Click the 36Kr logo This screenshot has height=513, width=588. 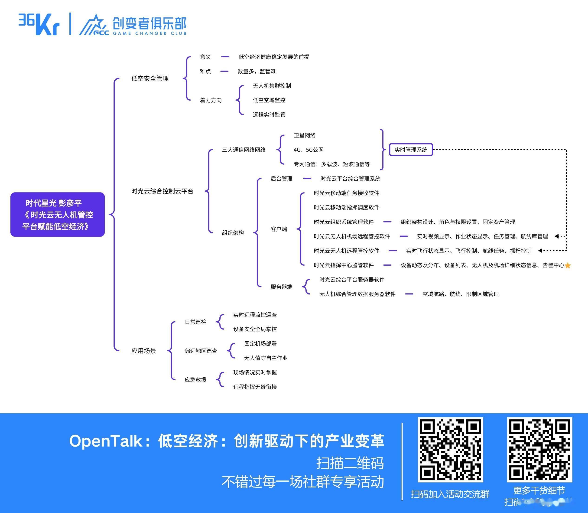(39, 24)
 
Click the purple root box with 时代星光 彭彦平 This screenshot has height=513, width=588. (58, 214)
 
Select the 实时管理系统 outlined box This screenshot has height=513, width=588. (411, 150)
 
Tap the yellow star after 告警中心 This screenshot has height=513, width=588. (568, 265)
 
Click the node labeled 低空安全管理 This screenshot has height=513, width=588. (150, 78)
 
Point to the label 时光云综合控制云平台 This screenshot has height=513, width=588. (162, 191)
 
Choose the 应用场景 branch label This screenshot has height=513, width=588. (144, 351)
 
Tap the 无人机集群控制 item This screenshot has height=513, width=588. (272, 86)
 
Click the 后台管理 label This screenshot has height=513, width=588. (282, 179)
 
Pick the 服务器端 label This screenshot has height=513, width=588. (282, 287)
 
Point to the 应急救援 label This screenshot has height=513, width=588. (195, 380)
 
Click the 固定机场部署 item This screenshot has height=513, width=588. (260, 343)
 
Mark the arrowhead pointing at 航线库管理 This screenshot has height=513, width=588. (556, 236)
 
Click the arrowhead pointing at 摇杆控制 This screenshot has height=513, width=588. (540, 251)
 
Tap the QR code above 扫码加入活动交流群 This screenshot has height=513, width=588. (450, 450)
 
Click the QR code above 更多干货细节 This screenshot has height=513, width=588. (540, 450)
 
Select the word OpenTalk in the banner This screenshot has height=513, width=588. (106, 441)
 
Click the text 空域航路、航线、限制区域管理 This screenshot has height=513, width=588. (461, 294)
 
